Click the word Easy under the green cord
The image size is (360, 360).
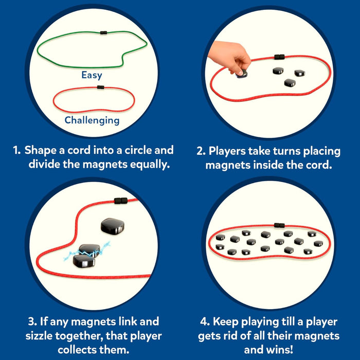click(x=92, y=75)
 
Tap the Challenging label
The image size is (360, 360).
click(x=92, y=120)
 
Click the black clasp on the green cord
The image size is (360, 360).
click(x=104, y=32)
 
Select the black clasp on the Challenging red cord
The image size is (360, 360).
click(x=100, y=87)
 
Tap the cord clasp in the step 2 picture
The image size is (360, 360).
click(x=279, y=57)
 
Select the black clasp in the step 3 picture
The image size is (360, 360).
click(x=120, y=200)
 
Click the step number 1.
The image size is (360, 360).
click(x=16, y=151)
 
